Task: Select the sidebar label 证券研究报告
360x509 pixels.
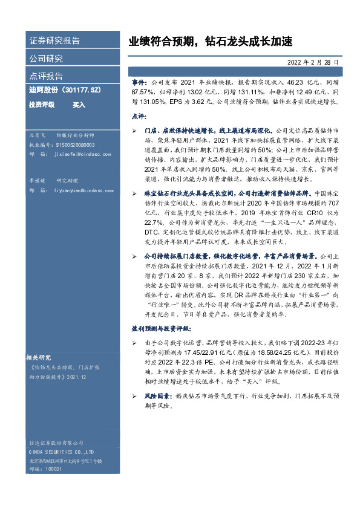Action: click(x=54, y=42)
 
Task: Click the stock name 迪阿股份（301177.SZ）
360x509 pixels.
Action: click(x=64, y=90)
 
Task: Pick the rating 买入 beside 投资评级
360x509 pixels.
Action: click(x=79, y=105)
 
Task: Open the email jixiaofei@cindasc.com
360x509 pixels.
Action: click(x=80, y=155)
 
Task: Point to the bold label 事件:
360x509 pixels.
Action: click(x=139, y=80)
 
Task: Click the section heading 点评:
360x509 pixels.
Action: click(x=139, y=115)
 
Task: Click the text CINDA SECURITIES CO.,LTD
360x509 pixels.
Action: click(x=63, y=452)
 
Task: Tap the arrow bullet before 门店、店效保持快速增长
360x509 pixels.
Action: click(x=134, y=130)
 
